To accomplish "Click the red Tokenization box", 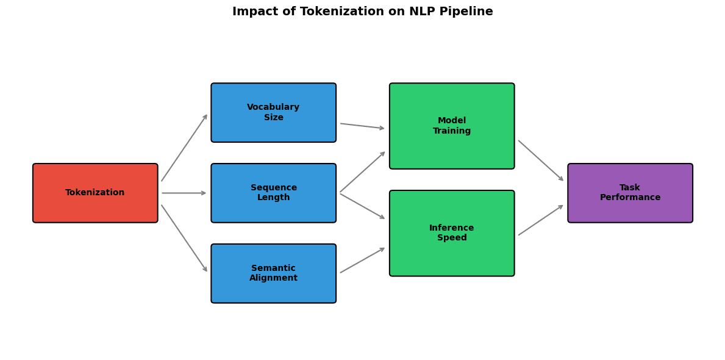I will coord(95,193).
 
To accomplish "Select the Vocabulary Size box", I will coord(273,112).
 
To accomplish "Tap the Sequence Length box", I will coord(273,193).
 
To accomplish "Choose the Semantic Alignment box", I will coord(273,273).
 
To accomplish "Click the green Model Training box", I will coord(452,126).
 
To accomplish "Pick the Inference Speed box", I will coord(452,233).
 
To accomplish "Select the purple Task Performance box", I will coord(630,193).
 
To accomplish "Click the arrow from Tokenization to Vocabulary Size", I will coord(184,148).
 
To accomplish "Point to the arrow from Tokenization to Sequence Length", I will coord(184,193).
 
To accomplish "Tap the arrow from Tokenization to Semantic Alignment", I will coord(184,238).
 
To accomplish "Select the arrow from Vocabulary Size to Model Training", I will coord(362,126).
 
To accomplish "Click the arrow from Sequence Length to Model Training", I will coord(362,172).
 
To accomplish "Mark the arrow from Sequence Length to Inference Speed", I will coord(362,206).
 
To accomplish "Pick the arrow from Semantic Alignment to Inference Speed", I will coord(362,261).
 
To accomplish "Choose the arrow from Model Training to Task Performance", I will coord(541,160).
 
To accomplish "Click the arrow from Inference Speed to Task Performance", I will coord(541,220).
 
